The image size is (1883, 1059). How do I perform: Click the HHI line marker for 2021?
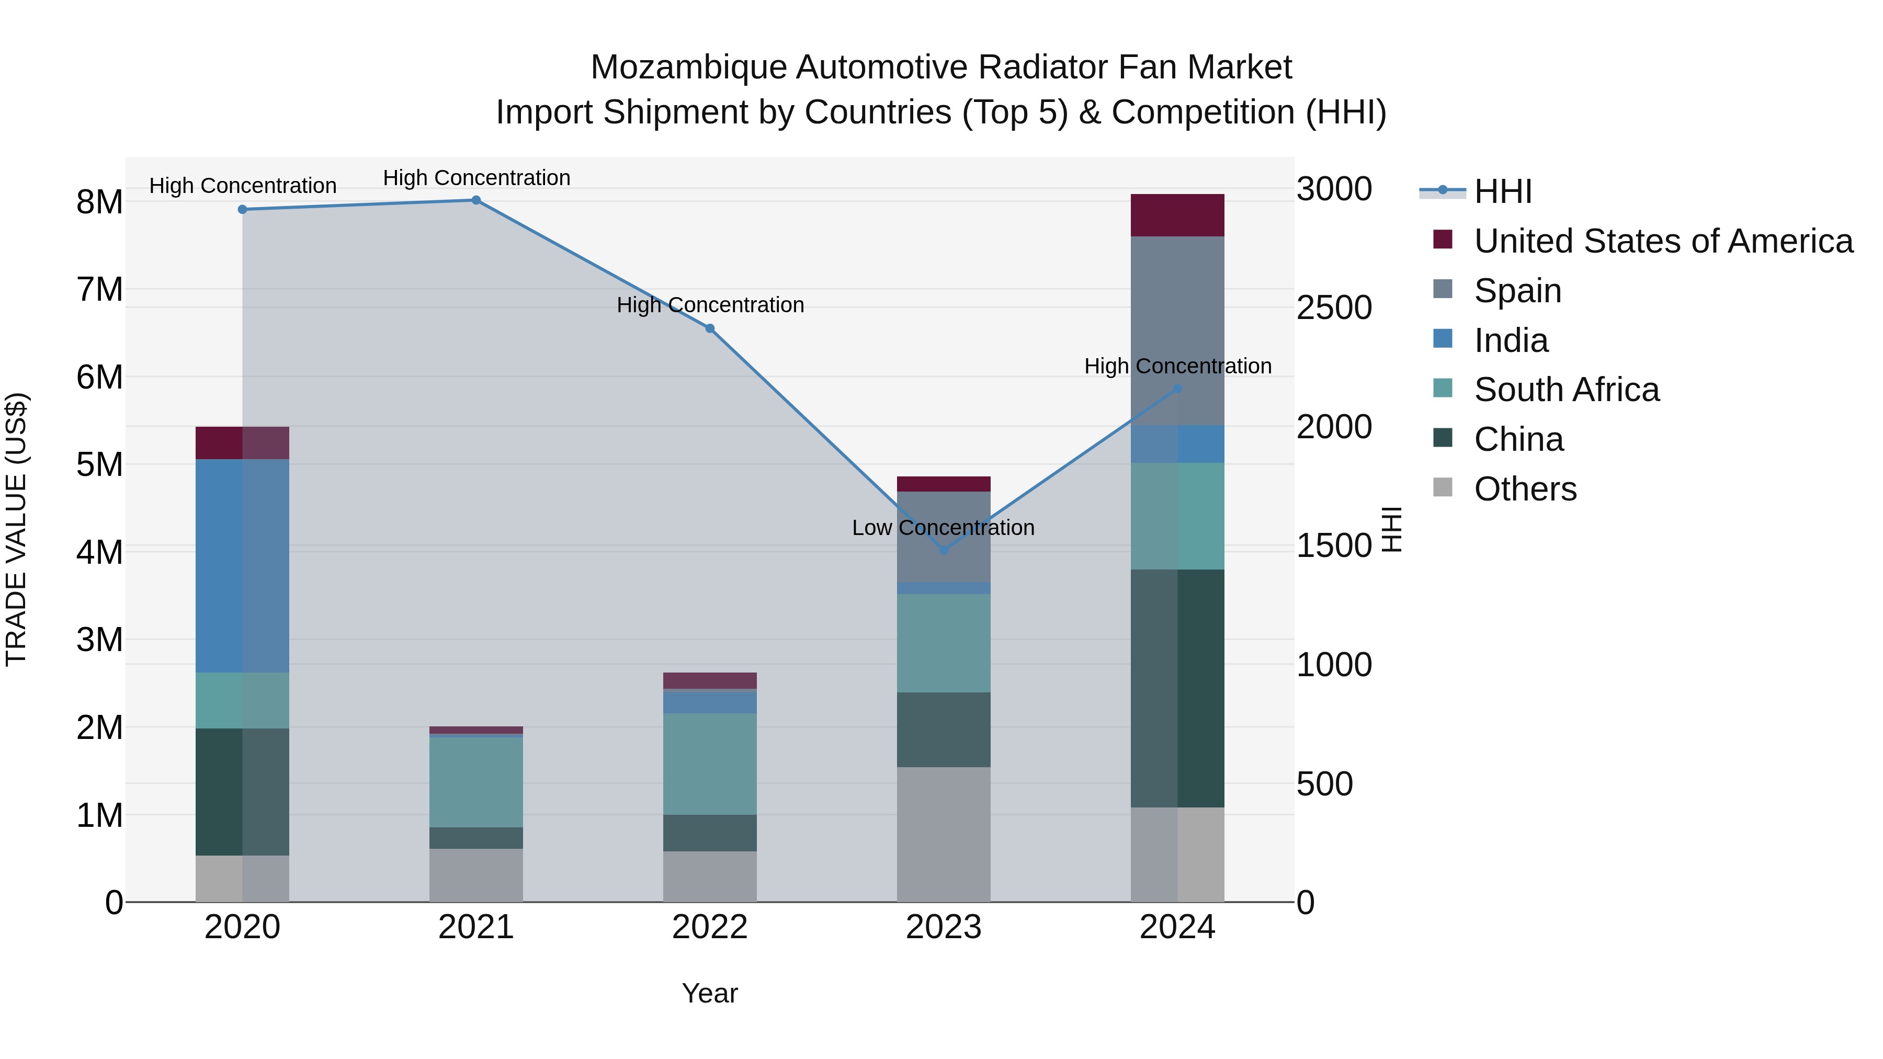click(476, 200)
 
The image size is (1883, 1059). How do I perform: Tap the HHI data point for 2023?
click(943, 550)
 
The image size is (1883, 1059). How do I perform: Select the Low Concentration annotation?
click(943, 527)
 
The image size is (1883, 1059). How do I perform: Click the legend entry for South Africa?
click(1566, 390)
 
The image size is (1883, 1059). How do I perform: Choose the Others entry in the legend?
click(1525, 489)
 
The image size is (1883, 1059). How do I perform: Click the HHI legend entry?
click(1502, 191)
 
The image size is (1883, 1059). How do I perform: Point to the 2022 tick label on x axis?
click(709, 927)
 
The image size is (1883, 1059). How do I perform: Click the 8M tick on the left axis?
click(99, 202)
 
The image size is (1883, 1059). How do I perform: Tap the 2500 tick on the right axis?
click(1333, 308)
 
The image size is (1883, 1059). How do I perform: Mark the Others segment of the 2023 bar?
click(943, 833)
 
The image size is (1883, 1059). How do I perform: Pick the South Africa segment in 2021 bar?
click(476, 781)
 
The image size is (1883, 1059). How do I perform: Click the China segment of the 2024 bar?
click(1177, 688)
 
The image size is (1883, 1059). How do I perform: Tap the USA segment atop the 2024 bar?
click(1177, 215)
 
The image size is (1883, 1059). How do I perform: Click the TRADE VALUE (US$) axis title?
click(16, 529)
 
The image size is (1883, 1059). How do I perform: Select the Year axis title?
click(709, 993)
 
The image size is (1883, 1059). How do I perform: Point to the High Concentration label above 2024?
click(1177, 366)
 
